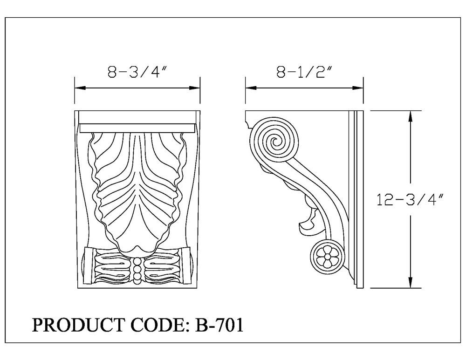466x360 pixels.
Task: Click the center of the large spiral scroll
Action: tap(275, 142)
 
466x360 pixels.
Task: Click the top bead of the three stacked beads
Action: tap(137, 261)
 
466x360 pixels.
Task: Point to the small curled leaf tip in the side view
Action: tap(305, 227)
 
